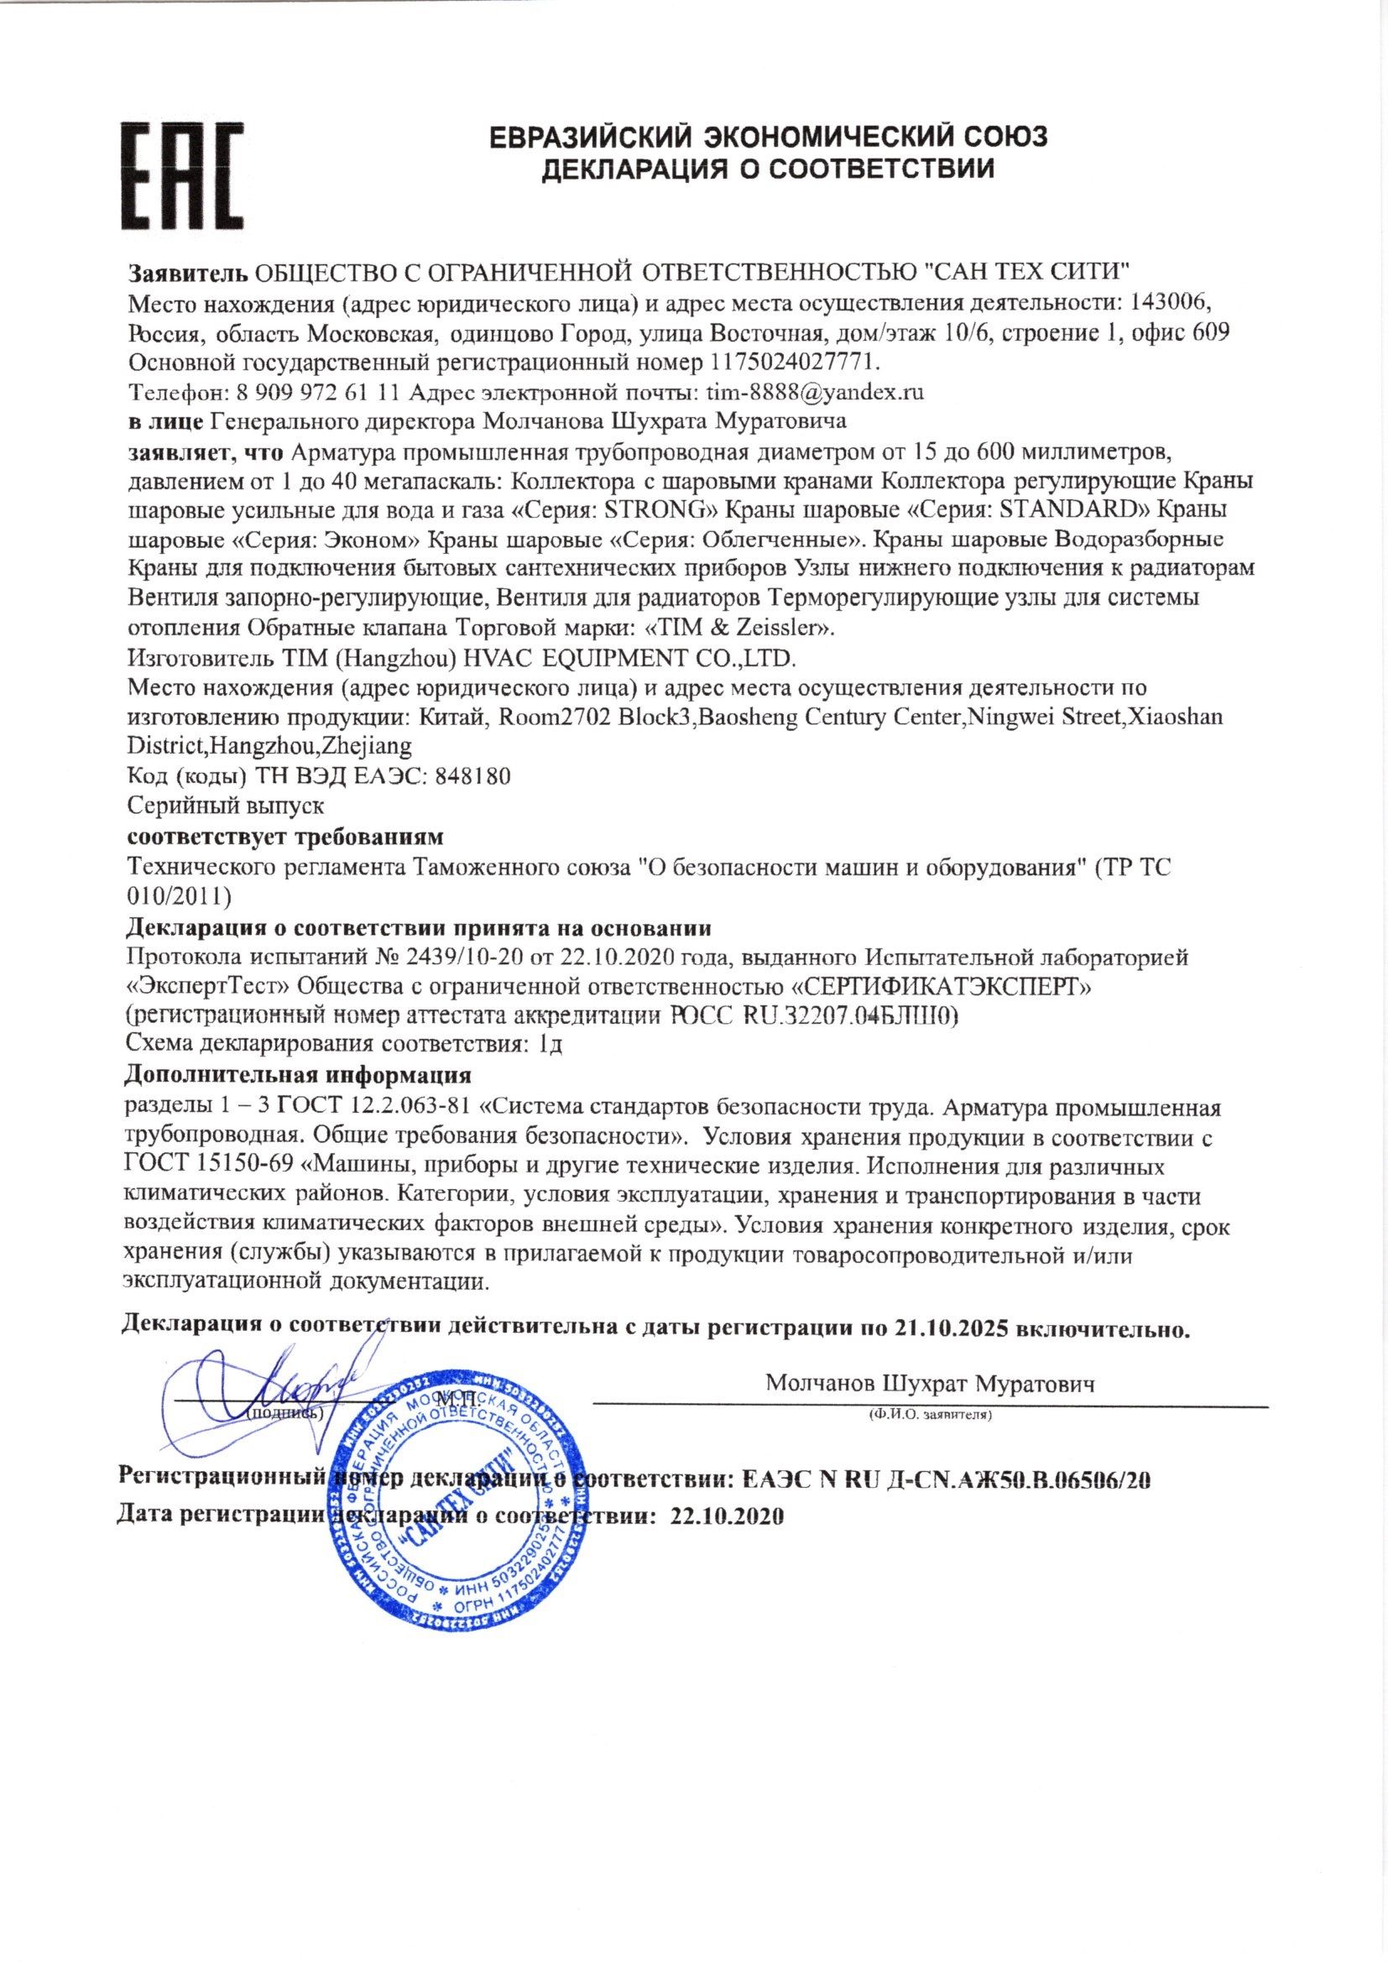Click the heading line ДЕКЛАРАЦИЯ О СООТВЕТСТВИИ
click(x=770, y=169)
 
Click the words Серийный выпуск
click(x=225, y=806)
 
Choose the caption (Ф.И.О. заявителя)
click(x=929, y=1415)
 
